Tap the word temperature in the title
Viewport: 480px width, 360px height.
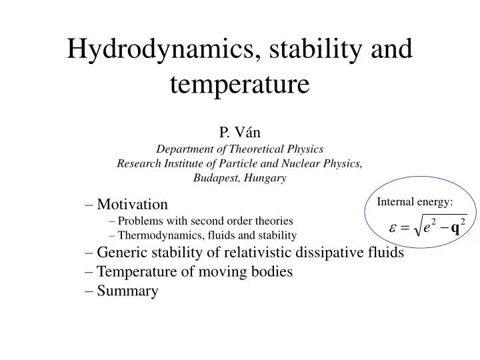tap(239, 85)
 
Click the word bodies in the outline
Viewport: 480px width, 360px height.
tap(271, 272)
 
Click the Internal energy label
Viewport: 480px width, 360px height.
tap(415, 202)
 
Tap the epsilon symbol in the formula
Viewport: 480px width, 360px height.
tap(393, 229)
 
